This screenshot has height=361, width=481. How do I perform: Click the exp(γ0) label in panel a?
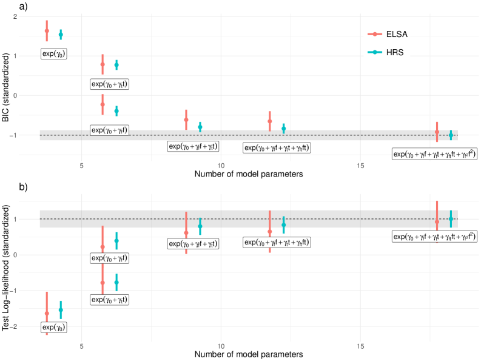tap(54, 54)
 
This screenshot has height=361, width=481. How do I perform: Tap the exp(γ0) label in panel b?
tap(54, 327)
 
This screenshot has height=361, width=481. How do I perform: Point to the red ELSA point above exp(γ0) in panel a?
tap(47, 30)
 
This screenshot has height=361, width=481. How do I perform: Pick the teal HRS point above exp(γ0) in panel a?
tap(61, 35)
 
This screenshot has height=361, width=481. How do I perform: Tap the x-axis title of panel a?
tap(249, 175)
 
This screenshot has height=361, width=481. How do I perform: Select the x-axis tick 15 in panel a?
tap(360, 165)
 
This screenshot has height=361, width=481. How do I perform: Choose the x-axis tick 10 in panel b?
tap(221, 344)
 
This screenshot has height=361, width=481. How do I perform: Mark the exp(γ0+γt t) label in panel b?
tap(109, 300)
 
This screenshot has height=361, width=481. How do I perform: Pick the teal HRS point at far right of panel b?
tap(451, 218)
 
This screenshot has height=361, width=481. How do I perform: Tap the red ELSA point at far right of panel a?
tap(437, 132)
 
